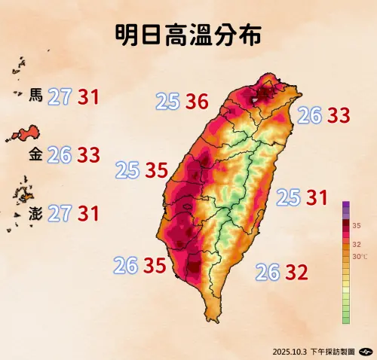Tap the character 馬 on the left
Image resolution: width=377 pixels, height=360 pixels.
pos(35,96)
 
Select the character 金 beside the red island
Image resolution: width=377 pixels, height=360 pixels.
pos(35,155)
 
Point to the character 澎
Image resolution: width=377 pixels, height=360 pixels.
pos(35,213)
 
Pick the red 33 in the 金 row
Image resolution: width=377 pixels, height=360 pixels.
pos(88,155)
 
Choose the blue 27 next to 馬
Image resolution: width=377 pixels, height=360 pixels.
pos(60,96)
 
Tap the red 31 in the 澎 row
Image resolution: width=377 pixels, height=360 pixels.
pos(88,213)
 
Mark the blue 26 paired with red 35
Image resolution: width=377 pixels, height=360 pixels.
pos(125,265)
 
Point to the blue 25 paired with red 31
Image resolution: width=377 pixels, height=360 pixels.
pos(288,198)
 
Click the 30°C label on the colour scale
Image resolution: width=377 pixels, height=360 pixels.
pos(361,257)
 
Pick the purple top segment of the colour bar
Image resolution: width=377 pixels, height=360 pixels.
pos(345,207)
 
